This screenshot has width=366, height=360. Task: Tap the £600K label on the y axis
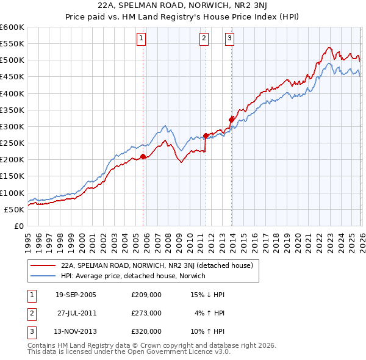pyautogui.click(x=12, y=27)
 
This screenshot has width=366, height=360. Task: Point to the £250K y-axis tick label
pyautogui.click(x=12, y=143)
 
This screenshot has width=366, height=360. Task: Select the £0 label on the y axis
pyautogui.click(x=18, y=226)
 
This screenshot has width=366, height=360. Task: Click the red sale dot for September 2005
pyautogui.click(x=143, y=157)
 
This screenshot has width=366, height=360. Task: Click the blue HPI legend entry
pyautogui.click(x=133, y=276)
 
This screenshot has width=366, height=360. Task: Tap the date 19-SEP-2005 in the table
pyautogui.click(x=76, y=295)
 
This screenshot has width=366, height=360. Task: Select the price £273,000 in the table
pyautogui.click(x=146, y=313)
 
